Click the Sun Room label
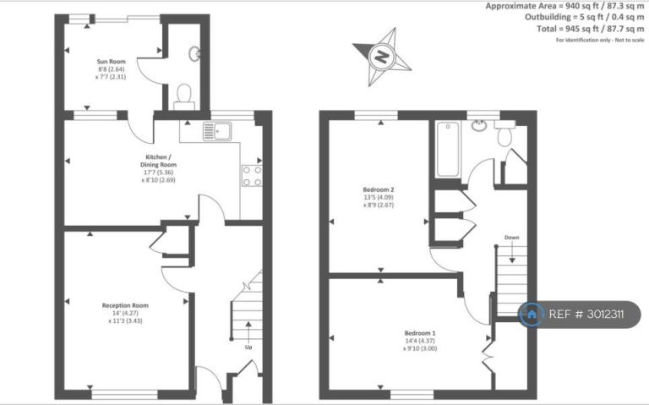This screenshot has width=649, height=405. click(111, 61)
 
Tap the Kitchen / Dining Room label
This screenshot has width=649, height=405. click(158, 161)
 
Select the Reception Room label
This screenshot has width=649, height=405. click(125, 305)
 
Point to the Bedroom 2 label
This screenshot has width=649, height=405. click(379, 189)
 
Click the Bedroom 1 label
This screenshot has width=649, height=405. click(420, 333)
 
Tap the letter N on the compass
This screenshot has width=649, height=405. click(381, 56)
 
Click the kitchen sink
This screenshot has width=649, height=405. click(217, 131)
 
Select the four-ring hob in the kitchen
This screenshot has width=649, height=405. click(252, 176)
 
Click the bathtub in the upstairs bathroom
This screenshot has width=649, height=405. click(448, 150)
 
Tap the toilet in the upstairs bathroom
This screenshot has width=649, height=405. click(504, 133)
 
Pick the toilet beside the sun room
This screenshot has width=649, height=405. click(183, 97)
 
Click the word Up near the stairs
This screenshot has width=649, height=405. click(248, 347)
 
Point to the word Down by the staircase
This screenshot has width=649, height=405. click(511, 238)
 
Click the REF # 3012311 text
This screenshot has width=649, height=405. click(586, 315)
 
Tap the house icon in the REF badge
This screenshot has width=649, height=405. click(532, 315)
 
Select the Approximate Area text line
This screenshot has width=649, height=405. click(564, 6)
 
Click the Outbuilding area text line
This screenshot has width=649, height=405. click(585, 18)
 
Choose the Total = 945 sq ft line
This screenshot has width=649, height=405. click(590, 29)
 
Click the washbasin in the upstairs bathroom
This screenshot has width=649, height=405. click(478, 125)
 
